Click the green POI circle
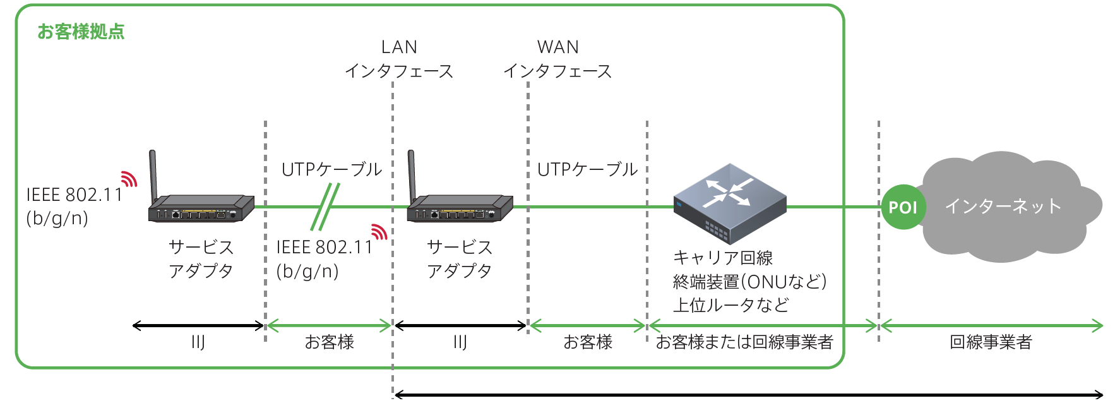pyautogui.click(x=903, y=207)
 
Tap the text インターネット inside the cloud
pyautogui.click(x=1003, y=206)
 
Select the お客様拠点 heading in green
pyautogui.click(x=81, y=32)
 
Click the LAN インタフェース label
pyautogui.click(x=399, y=59)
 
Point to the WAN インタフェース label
pyautogui.click(x=557, y=59)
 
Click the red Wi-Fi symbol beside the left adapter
pyautogui.click(x=129, y=179)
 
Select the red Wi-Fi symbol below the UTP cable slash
pyautogui.click(x=379, y=232)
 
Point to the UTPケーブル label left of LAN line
pyautogui.click(x=331, y=169)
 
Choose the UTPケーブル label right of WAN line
pyautogui.click(x=587, y=169)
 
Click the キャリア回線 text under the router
pyautogui.click(x=723, y=258)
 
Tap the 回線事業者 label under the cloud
pyautogui.click(x=991, y=342)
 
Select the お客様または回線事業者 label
pyautogui.click(x=744, y=342)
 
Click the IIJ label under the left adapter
pyautogui.click(x=198, y=342)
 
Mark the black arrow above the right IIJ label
pyautogui.click(x=460, y=326)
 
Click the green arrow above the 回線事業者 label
pyautogui.click(x=991, y=326)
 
